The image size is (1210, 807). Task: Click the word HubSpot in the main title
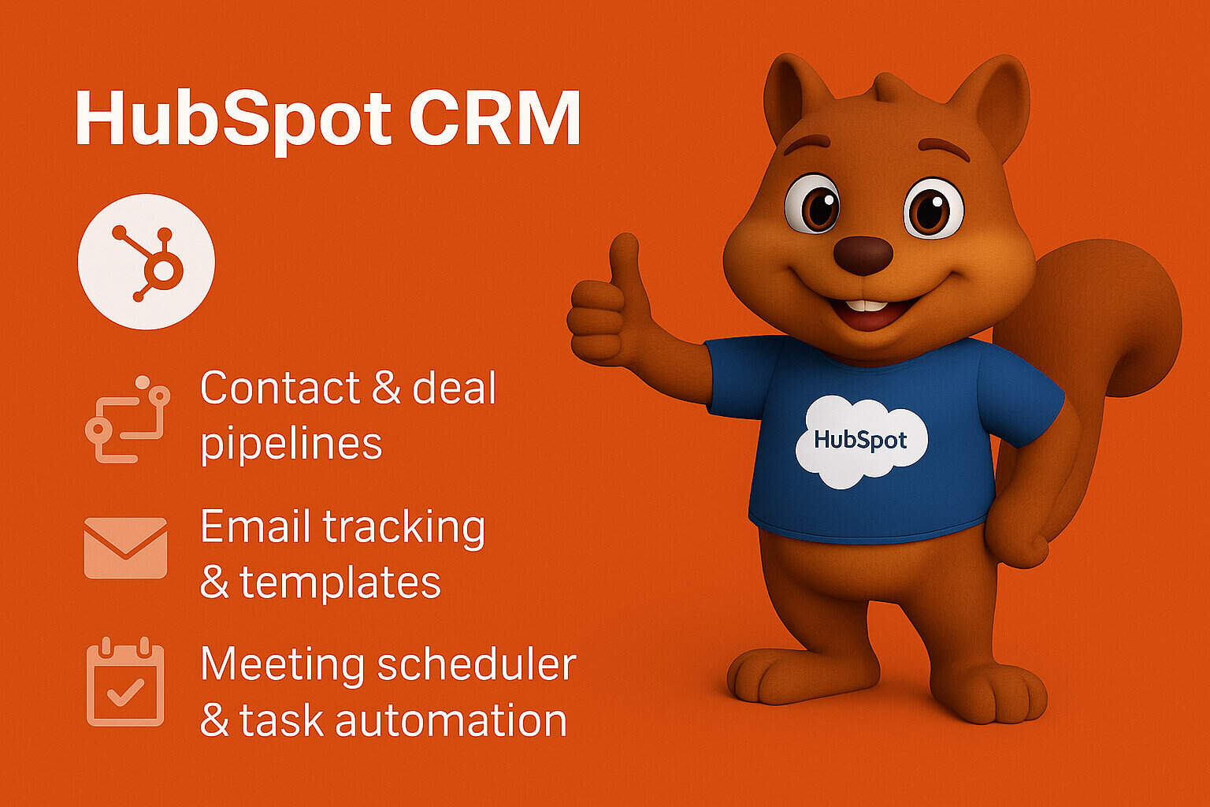232,120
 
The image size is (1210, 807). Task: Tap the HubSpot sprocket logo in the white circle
147,261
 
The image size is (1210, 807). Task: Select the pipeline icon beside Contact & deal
127,418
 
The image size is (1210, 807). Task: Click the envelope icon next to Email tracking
125,548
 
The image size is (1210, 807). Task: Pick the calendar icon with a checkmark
125,682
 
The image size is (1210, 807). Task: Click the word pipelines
291,445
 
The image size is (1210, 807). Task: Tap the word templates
340,583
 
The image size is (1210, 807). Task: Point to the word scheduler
476,664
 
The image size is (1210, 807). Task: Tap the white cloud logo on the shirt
860,440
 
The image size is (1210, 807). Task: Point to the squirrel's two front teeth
863,306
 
